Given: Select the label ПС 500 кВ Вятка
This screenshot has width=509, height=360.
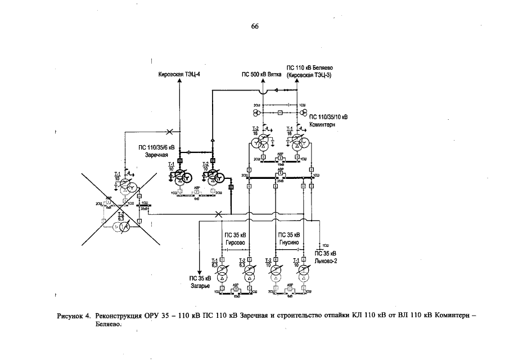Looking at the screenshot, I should tap(262, 74).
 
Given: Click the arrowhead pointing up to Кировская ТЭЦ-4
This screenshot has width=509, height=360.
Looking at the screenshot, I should tap(179, 81).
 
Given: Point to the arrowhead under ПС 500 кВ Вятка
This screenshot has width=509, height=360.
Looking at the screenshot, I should tap(263, 81).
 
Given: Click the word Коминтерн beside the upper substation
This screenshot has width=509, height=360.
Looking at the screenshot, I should tap(322, 124).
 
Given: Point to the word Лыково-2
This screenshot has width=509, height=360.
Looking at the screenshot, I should tap(325, 260).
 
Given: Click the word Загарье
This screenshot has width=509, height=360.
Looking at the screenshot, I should tap(200, 285).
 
